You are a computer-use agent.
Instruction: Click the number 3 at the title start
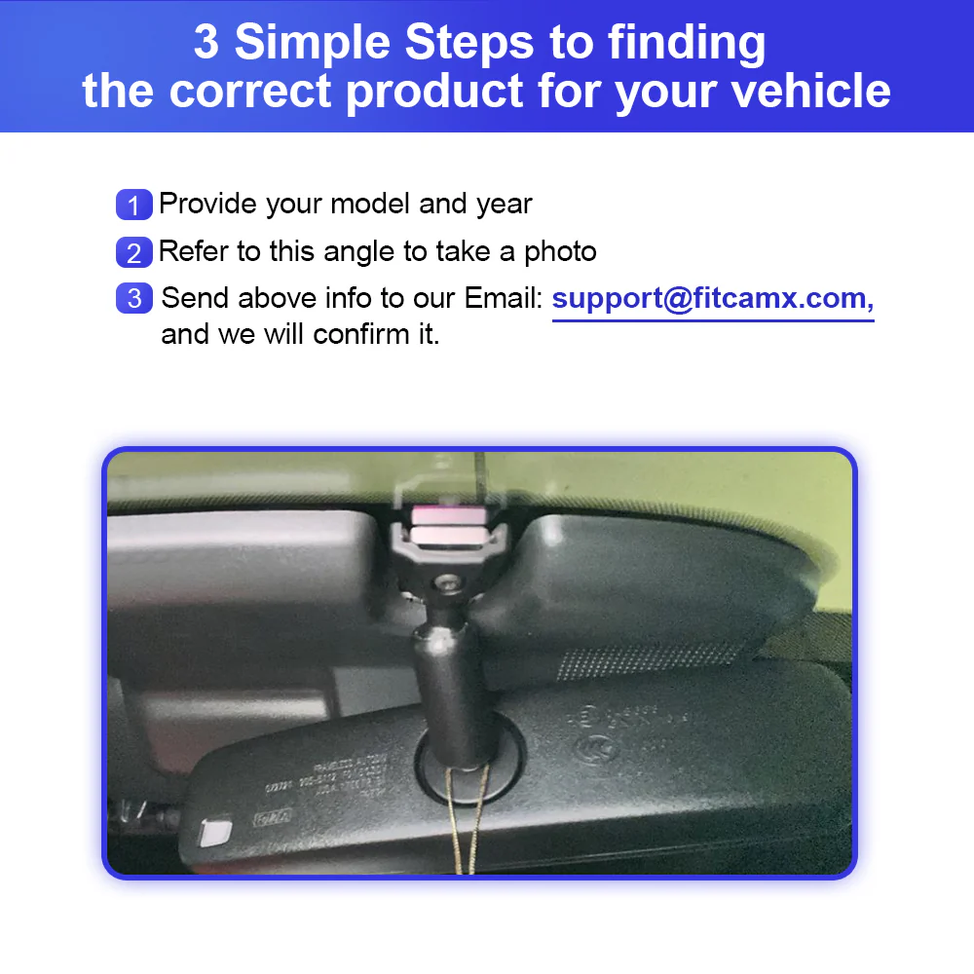coord(206,44)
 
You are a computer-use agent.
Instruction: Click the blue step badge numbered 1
coord(134,206)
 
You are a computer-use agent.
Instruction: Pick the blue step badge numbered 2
coord(134,252)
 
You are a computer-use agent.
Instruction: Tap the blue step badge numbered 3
coord(134,298)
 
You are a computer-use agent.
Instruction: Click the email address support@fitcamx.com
coord(712,298)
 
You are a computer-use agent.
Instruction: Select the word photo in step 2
coord(560,251)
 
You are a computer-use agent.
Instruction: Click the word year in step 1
coord(504,205)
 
